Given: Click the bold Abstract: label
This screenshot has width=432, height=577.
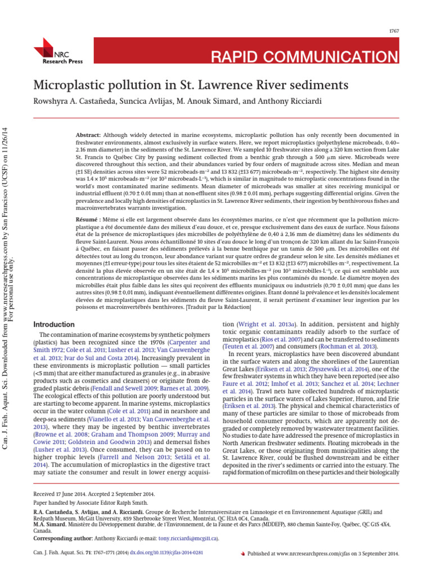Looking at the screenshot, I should pyautogui.click(x=88, y=135).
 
